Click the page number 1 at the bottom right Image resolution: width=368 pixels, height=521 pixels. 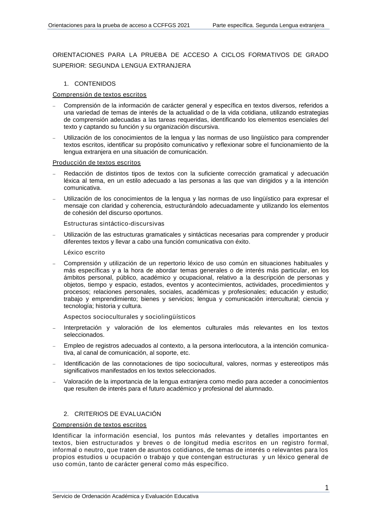[x=327, y=488]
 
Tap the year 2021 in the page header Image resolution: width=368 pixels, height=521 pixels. [x=184, y=25]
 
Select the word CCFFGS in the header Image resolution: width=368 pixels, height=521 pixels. [x=164, y=25]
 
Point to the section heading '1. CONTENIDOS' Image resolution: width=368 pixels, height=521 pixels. [x=89, y=84]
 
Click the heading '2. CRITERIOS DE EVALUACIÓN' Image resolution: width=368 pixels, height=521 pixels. [x=112, y=414]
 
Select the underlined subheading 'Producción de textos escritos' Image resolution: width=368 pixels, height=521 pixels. [x=96, y=162]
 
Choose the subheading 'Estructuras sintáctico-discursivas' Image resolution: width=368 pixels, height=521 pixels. [x=114, y=224]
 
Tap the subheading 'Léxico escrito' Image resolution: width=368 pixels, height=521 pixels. [x=84, y=252]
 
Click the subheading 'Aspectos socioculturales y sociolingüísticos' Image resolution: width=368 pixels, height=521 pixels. [x=130, y=317]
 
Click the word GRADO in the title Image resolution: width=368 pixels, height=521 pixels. [x=317, y=55]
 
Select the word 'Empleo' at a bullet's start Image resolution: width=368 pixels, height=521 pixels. [x=73, y=346]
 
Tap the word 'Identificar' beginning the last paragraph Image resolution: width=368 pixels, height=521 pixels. [x=67, y=436]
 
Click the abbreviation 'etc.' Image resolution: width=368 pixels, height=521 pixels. [x=184, y=353]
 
